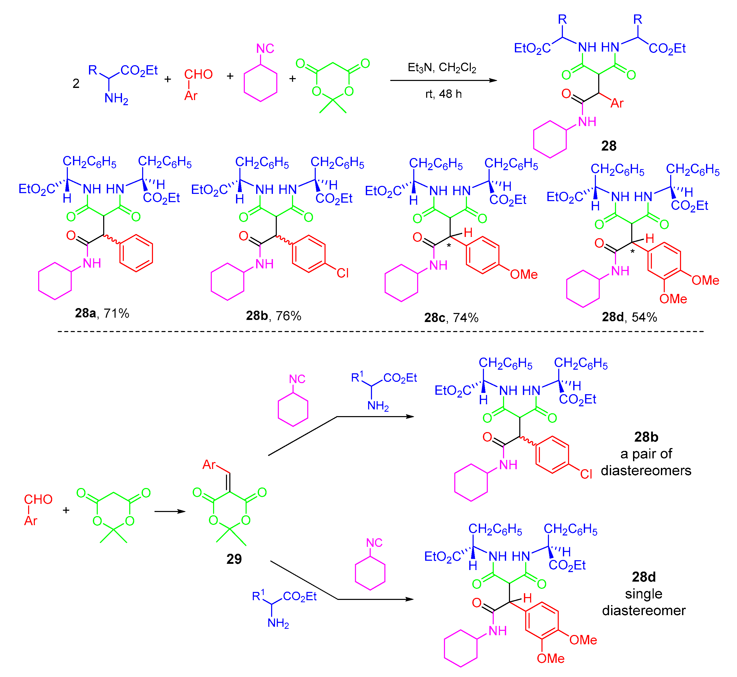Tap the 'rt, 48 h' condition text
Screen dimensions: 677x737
(x=443, y=94)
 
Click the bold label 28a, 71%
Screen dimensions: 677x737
(x=102, y=313)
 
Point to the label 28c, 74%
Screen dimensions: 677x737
(x=451, y=317)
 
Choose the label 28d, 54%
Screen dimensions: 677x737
(x=629, y=317)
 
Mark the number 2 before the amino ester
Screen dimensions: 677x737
(x=76, y=84)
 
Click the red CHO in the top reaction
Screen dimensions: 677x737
(x=198, y=74)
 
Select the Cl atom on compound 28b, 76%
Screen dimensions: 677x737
(x=343, y=273)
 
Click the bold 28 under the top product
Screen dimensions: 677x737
(x=609, y=146)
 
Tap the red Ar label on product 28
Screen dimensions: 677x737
(x=617, y=103)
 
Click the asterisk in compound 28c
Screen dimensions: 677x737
(x=449, y=245)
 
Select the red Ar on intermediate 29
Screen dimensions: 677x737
(x=209, y=465)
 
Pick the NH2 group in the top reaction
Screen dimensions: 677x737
(x=116, y=98)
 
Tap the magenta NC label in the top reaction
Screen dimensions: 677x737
(x=265, y=48)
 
